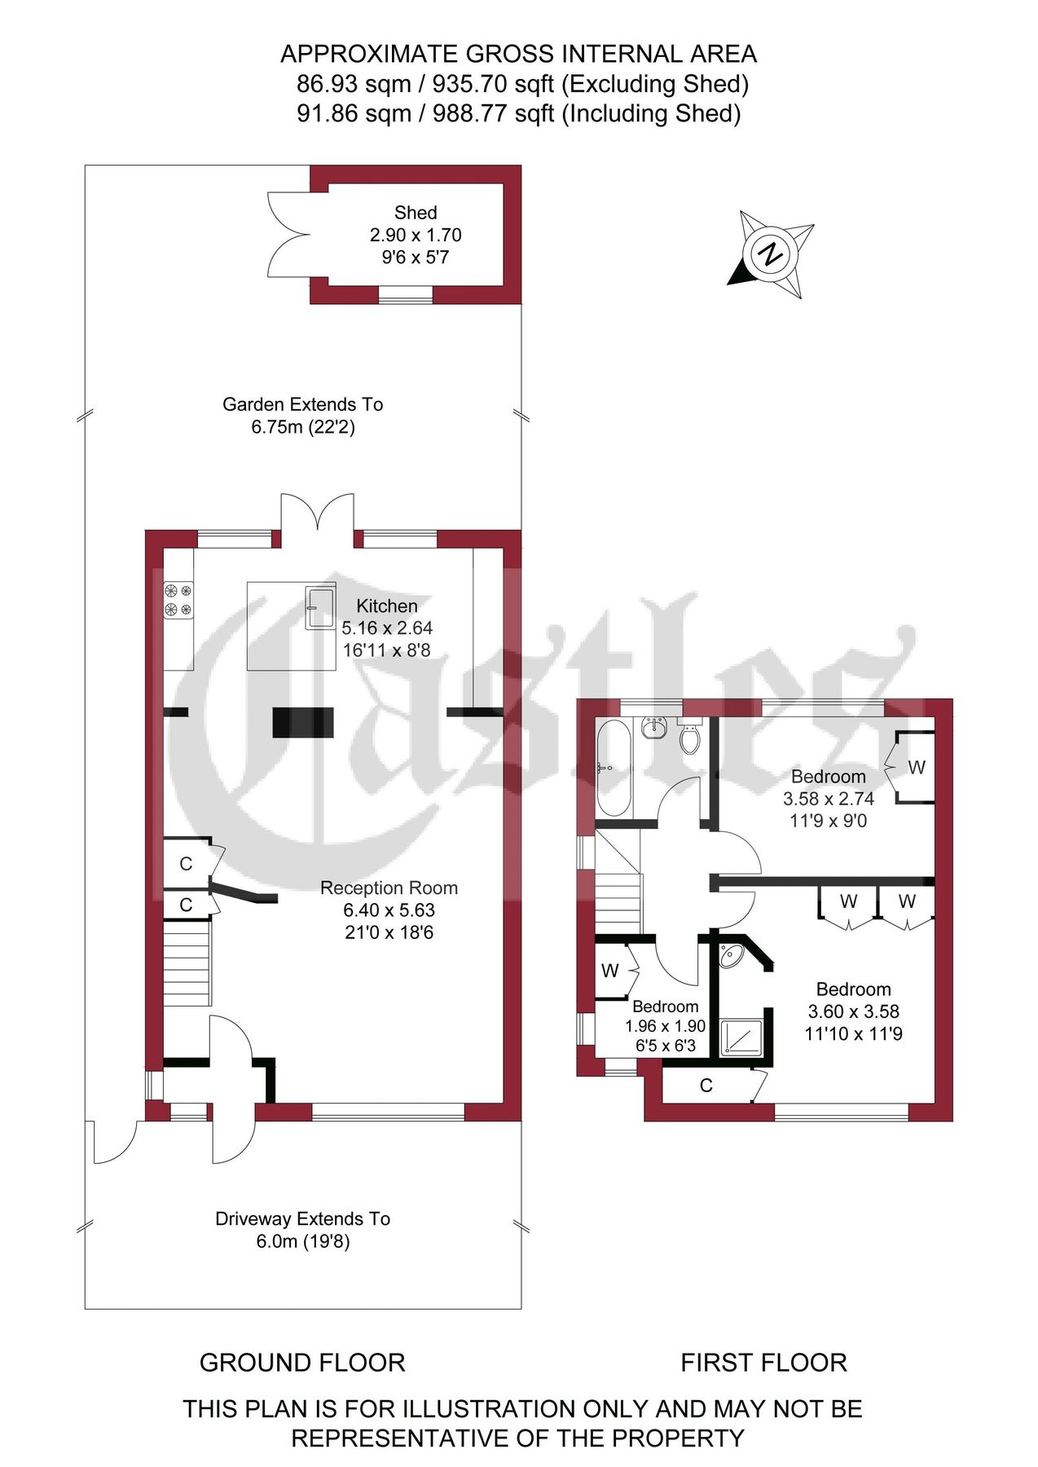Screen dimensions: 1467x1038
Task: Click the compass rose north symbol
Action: (x=770, y=254)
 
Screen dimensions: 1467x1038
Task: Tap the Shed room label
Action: (x=416, y=213)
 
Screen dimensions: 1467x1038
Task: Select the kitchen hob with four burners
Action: (x=178, y=599)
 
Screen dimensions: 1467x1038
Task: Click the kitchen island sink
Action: (x=320, y=607)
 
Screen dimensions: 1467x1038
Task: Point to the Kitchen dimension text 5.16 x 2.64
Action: (x=387, y=628)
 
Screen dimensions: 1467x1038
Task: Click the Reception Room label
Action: (x=389, y=888)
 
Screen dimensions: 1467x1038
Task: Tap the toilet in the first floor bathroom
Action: (x=690, y=738)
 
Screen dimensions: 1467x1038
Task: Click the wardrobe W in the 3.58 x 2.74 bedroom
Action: (x=916, y=767)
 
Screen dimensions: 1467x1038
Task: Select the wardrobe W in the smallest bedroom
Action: (x=610, y=971)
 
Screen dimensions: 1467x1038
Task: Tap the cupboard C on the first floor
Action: (x=706, y=1086)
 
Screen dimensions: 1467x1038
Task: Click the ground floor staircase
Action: (x=187, y=963)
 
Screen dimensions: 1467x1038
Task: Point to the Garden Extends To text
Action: (x=302, y=404)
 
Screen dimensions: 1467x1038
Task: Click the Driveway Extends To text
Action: (x=302, y=1219)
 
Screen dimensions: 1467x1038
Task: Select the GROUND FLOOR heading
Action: (x=302, y=1363)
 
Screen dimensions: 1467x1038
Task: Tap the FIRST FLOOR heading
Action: (x=763, y=1363)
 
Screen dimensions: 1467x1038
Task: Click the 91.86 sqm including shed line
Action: (x=518, y=113)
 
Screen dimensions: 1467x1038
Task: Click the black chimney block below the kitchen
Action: (x=303, y=723)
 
